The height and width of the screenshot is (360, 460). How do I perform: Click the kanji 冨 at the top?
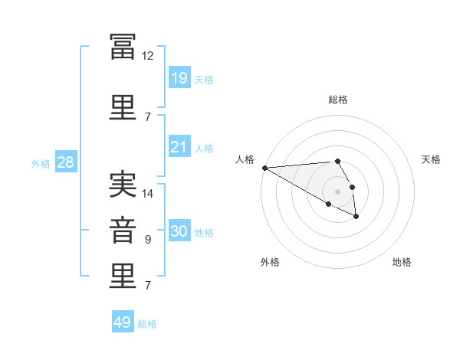[x=123, y=47]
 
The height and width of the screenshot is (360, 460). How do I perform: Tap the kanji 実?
[x=123, y=185]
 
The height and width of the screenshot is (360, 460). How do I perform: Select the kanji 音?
[x=123, y=231]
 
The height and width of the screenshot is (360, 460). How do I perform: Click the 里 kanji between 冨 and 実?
[x=123, y=107]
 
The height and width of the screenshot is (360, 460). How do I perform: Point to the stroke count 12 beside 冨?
[x=147, y=56]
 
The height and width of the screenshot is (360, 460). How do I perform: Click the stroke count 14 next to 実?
[x=147, y=194]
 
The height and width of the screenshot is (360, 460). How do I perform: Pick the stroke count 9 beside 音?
[x=148, y=240]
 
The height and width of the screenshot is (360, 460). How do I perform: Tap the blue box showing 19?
[x=179, y=77]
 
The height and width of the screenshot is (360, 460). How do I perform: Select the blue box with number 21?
[x=179, y=146]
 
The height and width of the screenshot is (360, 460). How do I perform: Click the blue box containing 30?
[x=179, y=230]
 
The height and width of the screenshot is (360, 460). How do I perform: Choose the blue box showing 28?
[x=66, y=162]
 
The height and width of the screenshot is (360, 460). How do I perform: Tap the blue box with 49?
[x=123, y=321]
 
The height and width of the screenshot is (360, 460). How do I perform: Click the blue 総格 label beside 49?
[x=147, y=324]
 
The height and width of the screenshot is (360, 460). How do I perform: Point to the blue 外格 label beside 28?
[x=41, y=164]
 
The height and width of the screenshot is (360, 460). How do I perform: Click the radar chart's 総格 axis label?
[x=338, y=100]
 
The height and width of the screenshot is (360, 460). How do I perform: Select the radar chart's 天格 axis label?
[x=431, y=159]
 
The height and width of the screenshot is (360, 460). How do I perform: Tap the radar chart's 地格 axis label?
[x=402, y=262]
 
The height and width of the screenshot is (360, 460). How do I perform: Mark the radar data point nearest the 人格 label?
[x=265, y=168]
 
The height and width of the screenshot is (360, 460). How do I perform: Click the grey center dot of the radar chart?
[x=337, y=191]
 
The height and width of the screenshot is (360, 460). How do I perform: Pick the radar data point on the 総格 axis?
[x=337, y=161]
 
